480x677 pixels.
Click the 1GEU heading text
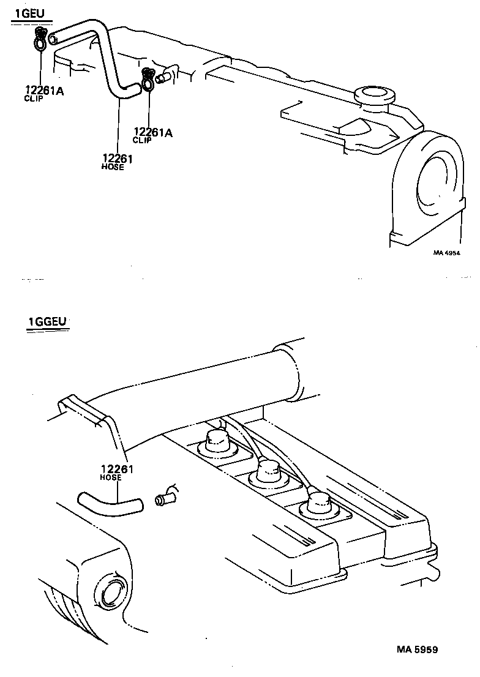click(30, 13)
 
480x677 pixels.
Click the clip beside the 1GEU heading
click(40, 40)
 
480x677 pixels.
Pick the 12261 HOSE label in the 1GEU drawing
click(118, 162)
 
